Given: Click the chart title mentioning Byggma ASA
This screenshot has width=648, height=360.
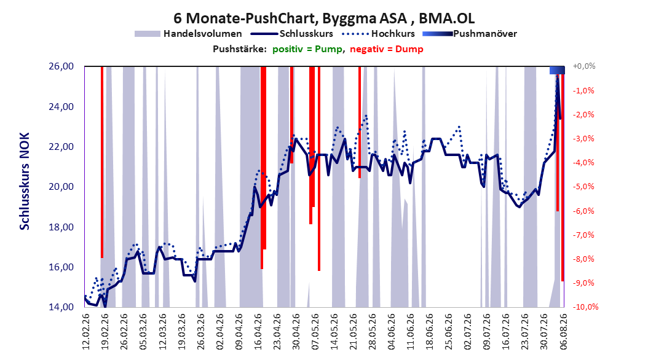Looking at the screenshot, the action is (323, 18).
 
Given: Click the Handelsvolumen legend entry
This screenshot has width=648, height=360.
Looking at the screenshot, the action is (189, 34).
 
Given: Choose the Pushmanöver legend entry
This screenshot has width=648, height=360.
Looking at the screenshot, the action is (470, 34).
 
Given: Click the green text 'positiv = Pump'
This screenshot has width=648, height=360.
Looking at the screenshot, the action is (307, 49).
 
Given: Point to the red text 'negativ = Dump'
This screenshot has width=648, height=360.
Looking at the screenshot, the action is (387, 49).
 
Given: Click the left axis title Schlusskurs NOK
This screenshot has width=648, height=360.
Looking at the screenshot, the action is (25, 181).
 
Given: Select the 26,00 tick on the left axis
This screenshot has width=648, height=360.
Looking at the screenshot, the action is (61, 66).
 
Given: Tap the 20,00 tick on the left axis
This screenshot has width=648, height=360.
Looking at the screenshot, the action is (61, 187).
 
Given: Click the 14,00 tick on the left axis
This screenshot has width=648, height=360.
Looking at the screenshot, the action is (61, 307).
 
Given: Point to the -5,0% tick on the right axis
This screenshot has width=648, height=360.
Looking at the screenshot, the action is (583, 187).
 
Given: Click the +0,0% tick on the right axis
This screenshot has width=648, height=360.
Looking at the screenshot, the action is (584, 66).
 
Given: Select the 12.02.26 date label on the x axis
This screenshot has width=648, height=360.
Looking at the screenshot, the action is (85, 332).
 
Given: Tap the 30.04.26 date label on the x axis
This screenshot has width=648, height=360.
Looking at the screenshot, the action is (296, 332).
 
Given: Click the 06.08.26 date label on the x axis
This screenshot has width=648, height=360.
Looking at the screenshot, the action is (563, 332).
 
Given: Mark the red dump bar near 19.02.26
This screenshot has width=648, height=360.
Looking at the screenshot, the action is (102, 162).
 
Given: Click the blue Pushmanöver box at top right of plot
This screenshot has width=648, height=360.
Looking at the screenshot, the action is (557, 70).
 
